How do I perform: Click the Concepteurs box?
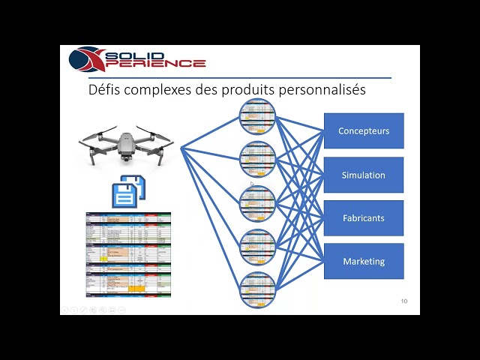364,131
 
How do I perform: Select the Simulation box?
364,175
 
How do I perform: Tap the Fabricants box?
364,218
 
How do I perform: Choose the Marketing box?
364,261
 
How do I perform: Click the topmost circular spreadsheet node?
258,116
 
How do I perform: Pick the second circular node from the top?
258,158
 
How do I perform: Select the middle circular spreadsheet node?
258,202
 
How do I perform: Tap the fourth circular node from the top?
258,245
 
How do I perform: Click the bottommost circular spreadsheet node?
258,289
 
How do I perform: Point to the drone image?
126,146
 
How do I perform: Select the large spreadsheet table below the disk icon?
128,254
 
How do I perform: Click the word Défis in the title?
104,90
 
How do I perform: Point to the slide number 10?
404,301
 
